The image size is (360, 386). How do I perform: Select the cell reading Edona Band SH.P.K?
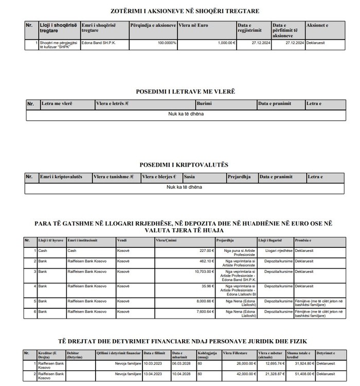coord(99,43)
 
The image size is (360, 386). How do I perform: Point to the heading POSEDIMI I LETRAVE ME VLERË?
coord(185,91)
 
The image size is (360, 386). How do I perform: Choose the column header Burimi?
coord(204,104)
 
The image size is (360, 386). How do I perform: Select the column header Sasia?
coord(189,177)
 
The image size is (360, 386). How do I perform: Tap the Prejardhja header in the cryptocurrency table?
coord(239,177)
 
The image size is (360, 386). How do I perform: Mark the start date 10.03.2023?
coord(152,363)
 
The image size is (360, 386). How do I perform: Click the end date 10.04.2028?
coord(181,374)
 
